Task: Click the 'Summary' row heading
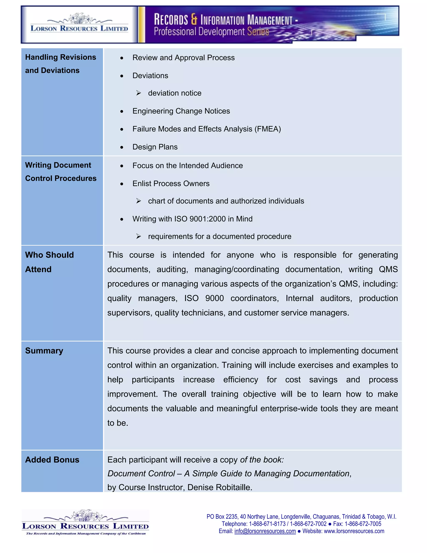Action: [x=44, y=351]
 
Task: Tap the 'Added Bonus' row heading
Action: [x=52, y=460]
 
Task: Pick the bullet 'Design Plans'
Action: [x=155, y=147]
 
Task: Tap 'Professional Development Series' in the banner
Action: [x=211, y=32]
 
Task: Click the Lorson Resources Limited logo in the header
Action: [x=79, y=25]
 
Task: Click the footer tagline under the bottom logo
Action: [x=86, y=534]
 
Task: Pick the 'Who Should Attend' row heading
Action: [x=49, y=262]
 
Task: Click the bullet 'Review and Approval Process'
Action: [x=183, y=58]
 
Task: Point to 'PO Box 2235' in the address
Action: [x=222, y=516]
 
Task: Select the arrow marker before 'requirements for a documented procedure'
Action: [x=138, y=236]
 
